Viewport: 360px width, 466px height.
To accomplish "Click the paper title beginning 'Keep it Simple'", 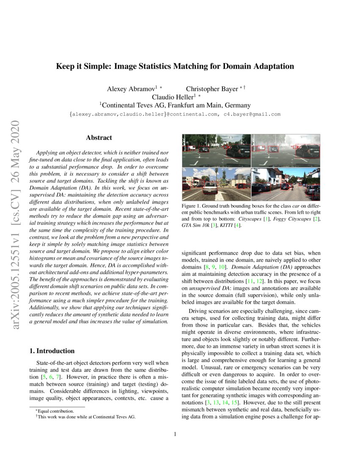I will [x=175, y=67].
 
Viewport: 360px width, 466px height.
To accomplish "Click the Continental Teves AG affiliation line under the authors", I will [x=175, y=105].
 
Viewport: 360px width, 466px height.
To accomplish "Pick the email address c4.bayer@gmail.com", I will [x=252, y=114].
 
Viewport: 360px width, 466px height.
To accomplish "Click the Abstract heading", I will [x=99, y=138].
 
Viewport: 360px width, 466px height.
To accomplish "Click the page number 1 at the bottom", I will [x=175, y=434].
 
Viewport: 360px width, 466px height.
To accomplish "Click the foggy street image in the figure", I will [x=285, y=151].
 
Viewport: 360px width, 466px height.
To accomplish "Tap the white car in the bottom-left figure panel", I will [x=210, y=188].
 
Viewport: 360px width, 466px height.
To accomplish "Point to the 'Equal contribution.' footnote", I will [x=55, y=411].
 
